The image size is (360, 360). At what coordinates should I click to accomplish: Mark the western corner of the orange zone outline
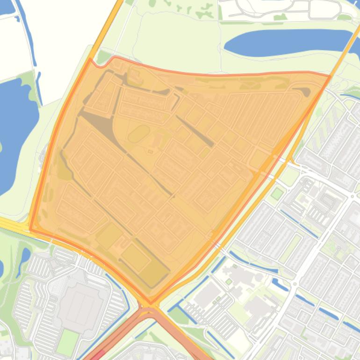pyautogui.click(x=30, y=230)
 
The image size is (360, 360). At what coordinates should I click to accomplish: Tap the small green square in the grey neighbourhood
pyautogui.click(x=278, y=193)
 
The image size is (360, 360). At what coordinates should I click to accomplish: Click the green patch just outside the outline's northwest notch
pyautogui.click(x=103, y=58)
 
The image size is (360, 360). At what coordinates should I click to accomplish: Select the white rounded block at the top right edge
pyautogui.click(x=324, y=8)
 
